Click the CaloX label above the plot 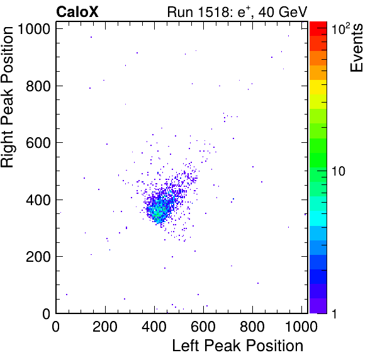77,12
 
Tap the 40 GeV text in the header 283,12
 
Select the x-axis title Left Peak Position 238,346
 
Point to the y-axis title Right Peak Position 7,97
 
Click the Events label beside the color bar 356,48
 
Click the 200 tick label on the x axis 104,326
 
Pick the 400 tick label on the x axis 154,326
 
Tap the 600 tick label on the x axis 203,326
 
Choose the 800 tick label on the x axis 252,326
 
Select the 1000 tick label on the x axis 301,326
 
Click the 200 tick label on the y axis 38,257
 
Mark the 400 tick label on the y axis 38,200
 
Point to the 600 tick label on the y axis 38,143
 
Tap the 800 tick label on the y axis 38,86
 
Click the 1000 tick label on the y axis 34,29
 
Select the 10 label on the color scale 339,171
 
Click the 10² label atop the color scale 340,28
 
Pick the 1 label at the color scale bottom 334,313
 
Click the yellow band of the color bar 318,87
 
